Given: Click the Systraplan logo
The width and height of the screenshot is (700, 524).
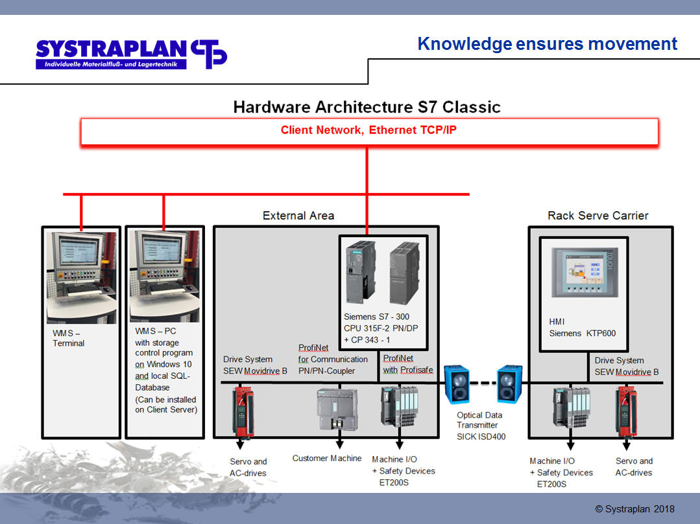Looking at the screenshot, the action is (x=131, y=54).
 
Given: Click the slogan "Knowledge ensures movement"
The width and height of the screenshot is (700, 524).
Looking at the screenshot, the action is (x=548, y=43).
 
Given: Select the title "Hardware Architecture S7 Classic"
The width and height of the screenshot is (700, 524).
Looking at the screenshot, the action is (x=367, y=107).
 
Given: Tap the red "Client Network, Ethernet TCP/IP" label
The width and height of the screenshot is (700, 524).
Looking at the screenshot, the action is (x=368, y=130).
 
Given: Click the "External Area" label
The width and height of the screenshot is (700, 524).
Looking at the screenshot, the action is (x=298, y=216).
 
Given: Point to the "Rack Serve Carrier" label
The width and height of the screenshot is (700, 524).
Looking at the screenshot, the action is (x=597, y=216).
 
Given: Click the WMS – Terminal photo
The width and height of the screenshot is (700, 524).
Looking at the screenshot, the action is (x=81, y=277).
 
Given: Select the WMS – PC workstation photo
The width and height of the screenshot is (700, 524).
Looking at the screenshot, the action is (x=165, y=276).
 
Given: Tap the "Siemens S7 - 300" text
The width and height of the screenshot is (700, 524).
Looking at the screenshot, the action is (x=376, y=317).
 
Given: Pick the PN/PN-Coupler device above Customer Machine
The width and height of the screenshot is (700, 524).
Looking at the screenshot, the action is (x=337, y=409).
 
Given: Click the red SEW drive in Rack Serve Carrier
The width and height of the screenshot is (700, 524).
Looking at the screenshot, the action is (x=626, y=411).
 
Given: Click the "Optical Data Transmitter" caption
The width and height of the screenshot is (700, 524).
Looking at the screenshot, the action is (x=479, y=420).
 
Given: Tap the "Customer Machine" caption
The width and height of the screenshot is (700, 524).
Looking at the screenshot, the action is (x=327, y=458).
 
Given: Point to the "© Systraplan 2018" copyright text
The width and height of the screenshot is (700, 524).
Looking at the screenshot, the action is (x=635, y=509).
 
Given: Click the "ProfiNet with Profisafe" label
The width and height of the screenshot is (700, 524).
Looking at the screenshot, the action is (x=408, y=364).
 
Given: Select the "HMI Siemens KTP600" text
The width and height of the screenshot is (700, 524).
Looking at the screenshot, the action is (x=582, y=328).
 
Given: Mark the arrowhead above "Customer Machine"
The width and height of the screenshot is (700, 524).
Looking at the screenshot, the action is (x=340, y=444).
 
